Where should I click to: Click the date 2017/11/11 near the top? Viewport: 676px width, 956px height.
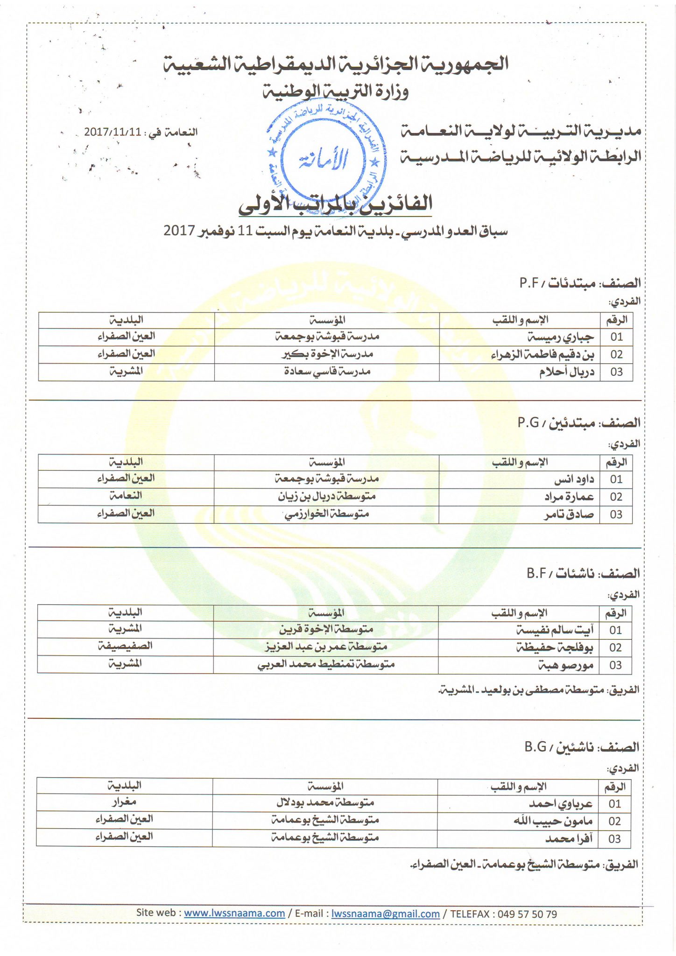click(113, 132)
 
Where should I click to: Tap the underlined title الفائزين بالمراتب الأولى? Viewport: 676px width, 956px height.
click(335, 204)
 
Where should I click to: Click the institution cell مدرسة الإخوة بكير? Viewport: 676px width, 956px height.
click(327, 354)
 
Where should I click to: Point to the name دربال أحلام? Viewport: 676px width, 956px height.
click(567, 372)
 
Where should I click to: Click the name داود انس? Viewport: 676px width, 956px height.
click(574, 479)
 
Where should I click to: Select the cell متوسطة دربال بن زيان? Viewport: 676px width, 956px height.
click(327, 496)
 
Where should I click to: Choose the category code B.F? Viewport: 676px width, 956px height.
click(537, 573)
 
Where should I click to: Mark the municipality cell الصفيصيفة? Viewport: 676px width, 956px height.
click(125, 647)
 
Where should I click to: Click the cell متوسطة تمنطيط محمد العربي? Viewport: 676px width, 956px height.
click(326, 664)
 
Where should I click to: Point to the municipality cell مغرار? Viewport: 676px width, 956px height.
click(124, 802)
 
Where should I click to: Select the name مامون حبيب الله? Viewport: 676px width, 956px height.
click(553, 821)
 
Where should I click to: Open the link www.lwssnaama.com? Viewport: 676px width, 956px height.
click(234, 914)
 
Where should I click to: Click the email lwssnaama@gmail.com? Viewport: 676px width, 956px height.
click(385, 914)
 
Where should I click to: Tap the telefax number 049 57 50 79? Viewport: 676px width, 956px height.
click(527, 914)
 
